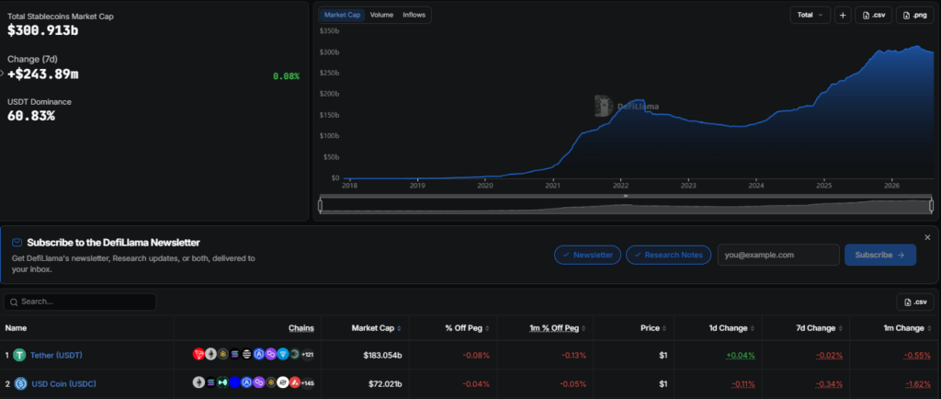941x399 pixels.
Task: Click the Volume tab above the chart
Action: point(381,15)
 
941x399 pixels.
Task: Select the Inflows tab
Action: point(414,15)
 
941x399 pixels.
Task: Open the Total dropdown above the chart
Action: point(811,15)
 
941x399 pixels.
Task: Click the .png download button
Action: point(914,15)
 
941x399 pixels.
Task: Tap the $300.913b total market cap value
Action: point(42,30)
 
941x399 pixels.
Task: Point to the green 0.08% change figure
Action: point(287,76)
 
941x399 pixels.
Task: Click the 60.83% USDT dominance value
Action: point(31,116)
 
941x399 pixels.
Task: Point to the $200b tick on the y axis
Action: point(329,94)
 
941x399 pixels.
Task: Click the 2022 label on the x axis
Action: point(620,186)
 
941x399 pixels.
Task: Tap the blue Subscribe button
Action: point(879,255)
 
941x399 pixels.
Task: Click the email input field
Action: point(778,255)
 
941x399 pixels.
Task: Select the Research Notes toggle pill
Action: point(669,255)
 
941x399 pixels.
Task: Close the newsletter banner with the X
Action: point(927,237)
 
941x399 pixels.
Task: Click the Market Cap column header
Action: point(373,328)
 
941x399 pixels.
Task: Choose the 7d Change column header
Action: point(814,328)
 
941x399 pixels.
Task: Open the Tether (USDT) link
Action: point(56,355)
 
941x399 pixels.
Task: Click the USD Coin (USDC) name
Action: point(63,383)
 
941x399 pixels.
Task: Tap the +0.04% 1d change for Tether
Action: point(741,355)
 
